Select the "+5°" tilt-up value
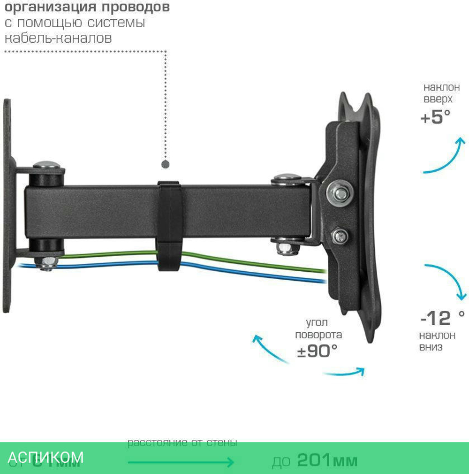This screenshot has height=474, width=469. pyautogui.click(x=435, y=117)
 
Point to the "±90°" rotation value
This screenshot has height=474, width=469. pyautogui.click(x=317, y=351)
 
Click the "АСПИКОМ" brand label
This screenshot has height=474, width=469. pyautogui.click(x=46, y=457)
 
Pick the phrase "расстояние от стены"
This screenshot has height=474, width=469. pyautogui.click(x=182, y=443)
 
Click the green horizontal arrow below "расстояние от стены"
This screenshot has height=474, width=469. pyautogui.click(x=181, y=462)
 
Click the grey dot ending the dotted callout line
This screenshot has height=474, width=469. pyautogui.click(x=165, y=164)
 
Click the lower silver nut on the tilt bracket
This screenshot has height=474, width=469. pyautogui.click(x=339, y=236)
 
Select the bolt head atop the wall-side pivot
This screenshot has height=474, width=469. pyautogui.click(x=48, y=165)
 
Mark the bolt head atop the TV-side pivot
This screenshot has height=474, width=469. pyautogui.click(x=287, y=178)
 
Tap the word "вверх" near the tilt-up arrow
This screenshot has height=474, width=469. pyautogui.click(x=438, y=99)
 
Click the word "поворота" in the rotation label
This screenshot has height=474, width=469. pyautogui.click(x=318, y=335)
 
